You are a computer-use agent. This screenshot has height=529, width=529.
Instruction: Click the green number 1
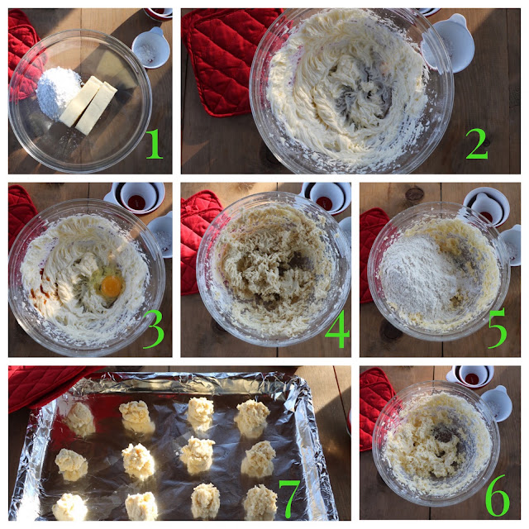coord(155,144)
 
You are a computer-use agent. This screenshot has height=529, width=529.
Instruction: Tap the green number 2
coord(477,144)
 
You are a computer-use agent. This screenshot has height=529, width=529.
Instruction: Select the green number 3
coord(154,329)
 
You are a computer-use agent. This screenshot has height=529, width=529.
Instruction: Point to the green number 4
coord(337,329)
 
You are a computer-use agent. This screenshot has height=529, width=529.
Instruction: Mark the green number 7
coord(289,498)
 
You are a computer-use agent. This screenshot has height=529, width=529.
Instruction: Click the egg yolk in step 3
coord(112,285)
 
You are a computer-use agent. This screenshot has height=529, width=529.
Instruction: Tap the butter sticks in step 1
coord(88,105)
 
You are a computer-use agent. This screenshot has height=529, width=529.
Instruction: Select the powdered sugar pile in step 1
coord(58,92)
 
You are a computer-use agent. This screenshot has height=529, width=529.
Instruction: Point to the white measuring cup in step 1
coord(150,48)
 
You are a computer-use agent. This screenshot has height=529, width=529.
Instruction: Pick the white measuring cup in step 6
coord(497,403)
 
